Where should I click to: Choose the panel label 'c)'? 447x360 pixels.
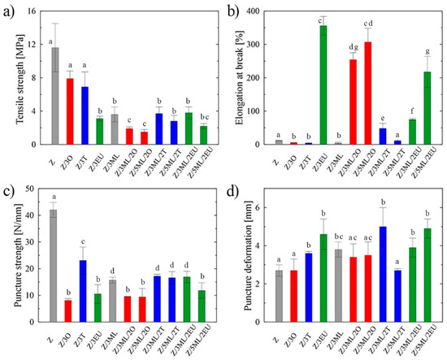(x=11, y=191)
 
